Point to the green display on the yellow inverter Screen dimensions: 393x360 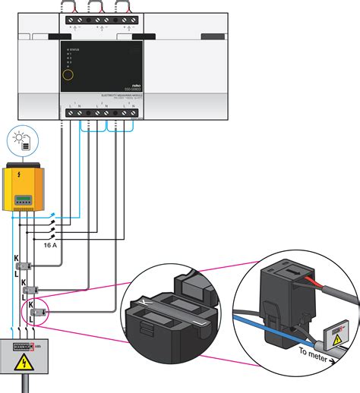(x=25, y=200)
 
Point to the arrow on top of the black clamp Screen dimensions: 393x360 (x=291, y=266)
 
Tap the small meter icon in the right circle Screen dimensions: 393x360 (x=339, y=332)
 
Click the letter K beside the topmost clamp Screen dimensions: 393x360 (x=17, y=259)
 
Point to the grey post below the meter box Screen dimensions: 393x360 (x=25, y=385)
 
